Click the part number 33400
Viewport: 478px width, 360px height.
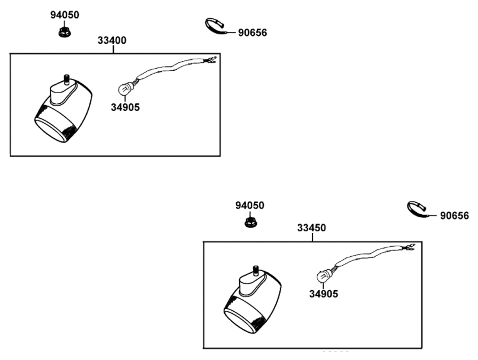112,40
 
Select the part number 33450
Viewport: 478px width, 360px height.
312,228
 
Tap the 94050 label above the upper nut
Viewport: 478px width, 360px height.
65,15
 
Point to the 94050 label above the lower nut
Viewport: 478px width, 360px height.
250,206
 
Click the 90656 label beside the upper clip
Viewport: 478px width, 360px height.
252,33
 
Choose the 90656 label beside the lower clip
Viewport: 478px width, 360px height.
455,216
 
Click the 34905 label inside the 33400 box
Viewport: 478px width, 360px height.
125,107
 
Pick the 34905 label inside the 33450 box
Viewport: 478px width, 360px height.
324,294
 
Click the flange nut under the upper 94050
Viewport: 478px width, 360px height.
65,32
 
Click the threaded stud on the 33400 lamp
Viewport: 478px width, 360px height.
66,78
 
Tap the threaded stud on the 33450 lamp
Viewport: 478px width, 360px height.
256,270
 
